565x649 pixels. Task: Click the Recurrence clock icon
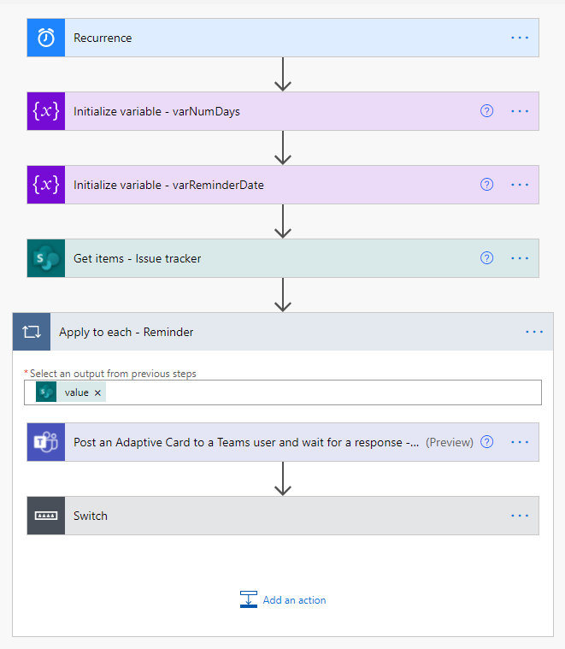pos(46,38)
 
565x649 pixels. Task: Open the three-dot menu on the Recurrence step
pos(520,38)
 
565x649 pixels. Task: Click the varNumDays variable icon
pos(46,111)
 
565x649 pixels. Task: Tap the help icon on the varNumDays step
pos(487,111)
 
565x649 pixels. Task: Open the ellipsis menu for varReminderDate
pos(520,185)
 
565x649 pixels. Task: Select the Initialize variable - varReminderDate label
pos(168,185)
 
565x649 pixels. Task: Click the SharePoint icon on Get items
pos(46,258)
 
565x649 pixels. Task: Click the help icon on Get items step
pos(487,258)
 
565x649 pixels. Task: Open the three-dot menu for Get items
pos(520,258)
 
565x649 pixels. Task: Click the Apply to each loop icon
pos(32,332)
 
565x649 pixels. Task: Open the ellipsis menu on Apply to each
pos(534,332)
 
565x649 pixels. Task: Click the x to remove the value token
pos(97,392)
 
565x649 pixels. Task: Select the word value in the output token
pos(77,392)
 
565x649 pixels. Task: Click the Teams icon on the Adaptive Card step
pos(46,442)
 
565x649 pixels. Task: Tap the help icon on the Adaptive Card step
pos(487,442)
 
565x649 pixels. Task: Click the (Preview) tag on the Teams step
pos(450,442)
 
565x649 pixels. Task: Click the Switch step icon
pos(46,516)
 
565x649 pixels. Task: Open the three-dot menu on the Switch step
pos(520,516)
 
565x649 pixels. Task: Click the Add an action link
pos(294,600)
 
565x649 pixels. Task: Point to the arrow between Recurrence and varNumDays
pos(283,74)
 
